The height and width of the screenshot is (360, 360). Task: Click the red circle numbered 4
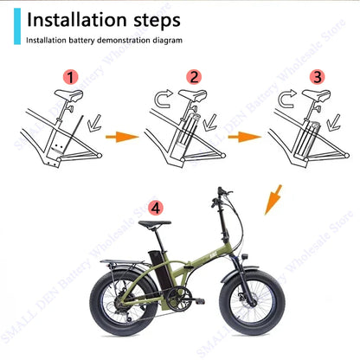[x=155, y=208]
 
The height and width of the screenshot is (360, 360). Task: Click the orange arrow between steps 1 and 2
[x=127, y=136]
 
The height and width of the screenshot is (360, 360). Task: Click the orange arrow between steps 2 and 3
[x=250, y=136]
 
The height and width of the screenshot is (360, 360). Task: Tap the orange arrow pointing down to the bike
[x=274, y=205]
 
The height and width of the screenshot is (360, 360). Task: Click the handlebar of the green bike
[x=227, y=192]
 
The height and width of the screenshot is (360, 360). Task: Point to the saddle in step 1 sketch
[x=61, y=98]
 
